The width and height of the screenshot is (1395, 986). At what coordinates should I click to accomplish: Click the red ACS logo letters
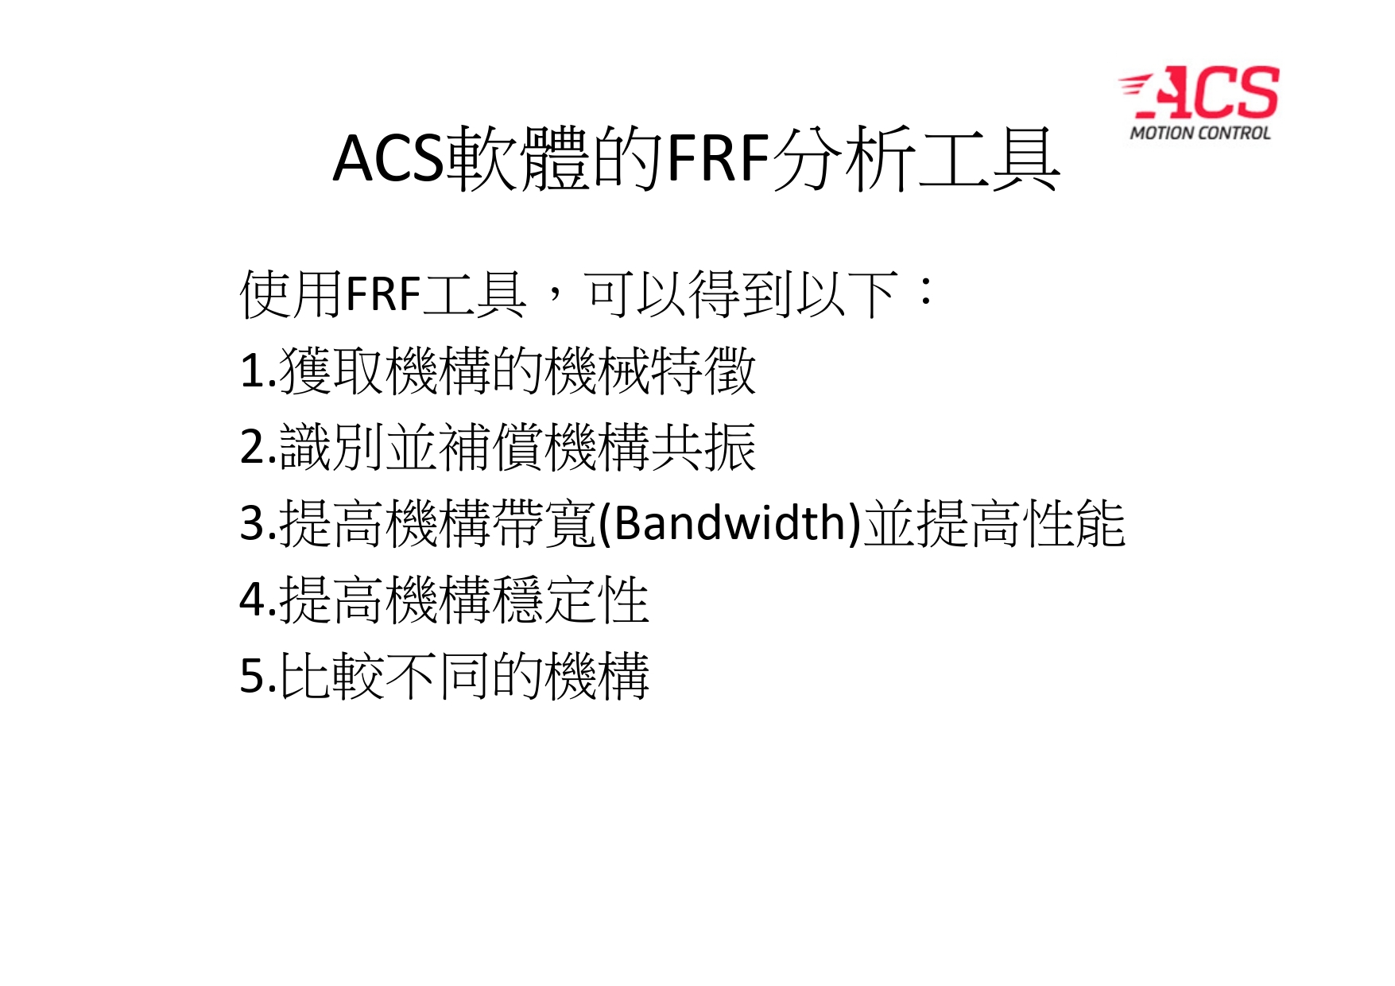tap(1199, 94)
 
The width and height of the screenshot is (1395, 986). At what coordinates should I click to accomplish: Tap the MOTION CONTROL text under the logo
tap(1200, 133)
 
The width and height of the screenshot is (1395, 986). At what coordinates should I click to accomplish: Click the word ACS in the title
tap(388, 159)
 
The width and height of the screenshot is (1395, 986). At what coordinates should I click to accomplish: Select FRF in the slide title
tap(719, 159)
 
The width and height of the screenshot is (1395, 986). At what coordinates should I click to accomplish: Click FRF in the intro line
tap(383, 294)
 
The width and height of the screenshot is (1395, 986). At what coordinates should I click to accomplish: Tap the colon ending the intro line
tap(925, 292)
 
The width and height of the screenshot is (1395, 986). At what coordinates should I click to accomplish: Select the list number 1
tap(251, 371)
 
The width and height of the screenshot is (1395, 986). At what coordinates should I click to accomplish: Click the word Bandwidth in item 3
tap(730, 522)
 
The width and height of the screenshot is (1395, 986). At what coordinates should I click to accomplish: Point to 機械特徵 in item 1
tap(651, 371)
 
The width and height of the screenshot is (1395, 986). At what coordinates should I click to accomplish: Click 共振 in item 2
tap(703, 447)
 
